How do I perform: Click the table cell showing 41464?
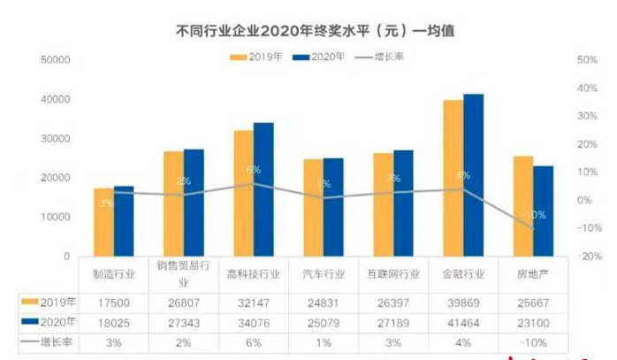pyautogui.click(x=464, y=321)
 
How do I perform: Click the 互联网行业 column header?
pyautogui.click(x=393, y=274)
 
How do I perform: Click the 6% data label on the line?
pyautogui.click(x=253, y=169)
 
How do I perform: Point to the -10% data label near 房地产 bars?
pyautogui.click(x=533, y=215)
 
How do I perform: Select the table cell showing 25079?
pyautogui.click(x=324, y=321)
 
